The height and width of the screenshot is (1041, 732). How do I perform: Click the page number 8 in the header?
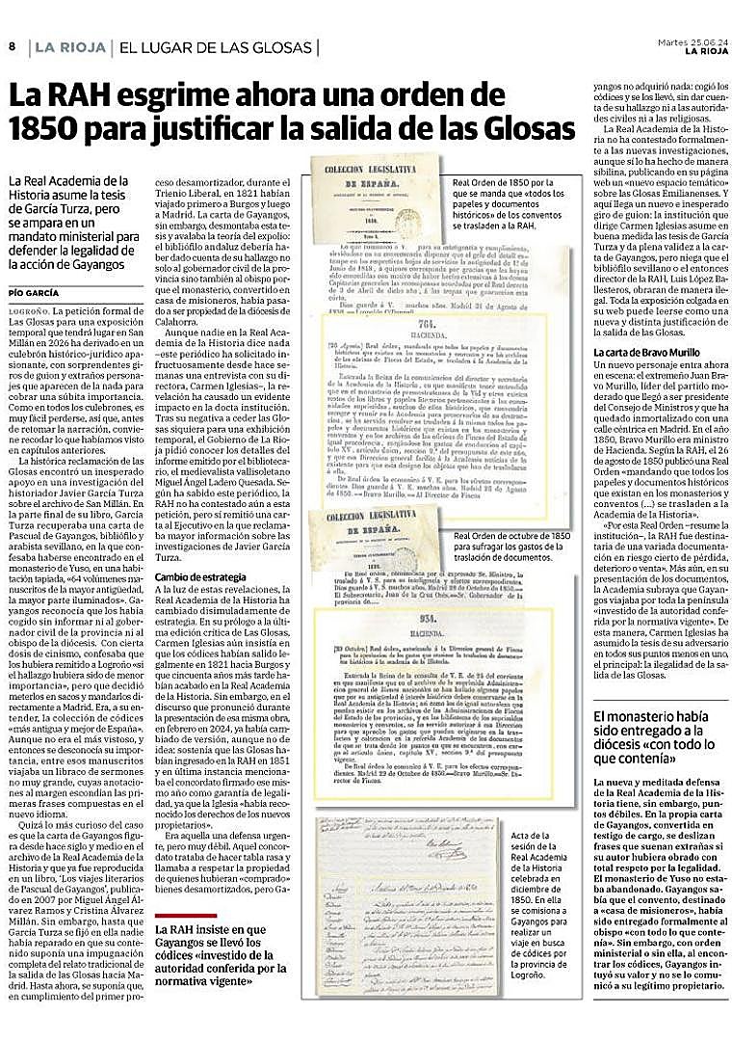[13, 47]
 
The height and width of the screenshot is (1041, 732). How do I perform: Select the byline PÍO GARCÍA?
[33, 293]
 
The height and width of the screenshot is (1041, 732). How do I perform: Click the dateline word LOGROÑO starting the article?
[29, 311]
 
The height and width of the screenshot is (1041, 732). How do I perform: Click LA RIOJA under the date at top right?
[704, 52]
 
